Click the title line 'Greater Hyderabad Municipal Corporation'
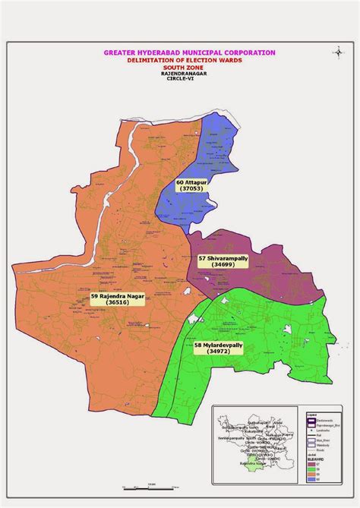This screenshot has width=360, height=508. tap(189, 53)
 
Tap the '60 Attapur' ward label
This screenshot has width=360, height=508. tap(191, 183)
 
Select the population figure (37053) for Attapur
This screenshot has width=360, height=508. tap(191, 191)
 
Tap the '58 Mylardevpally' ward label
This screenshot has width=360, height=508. tap(219, 346)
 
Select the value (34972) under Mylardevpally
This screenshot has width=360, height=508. tap(219, 353)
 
